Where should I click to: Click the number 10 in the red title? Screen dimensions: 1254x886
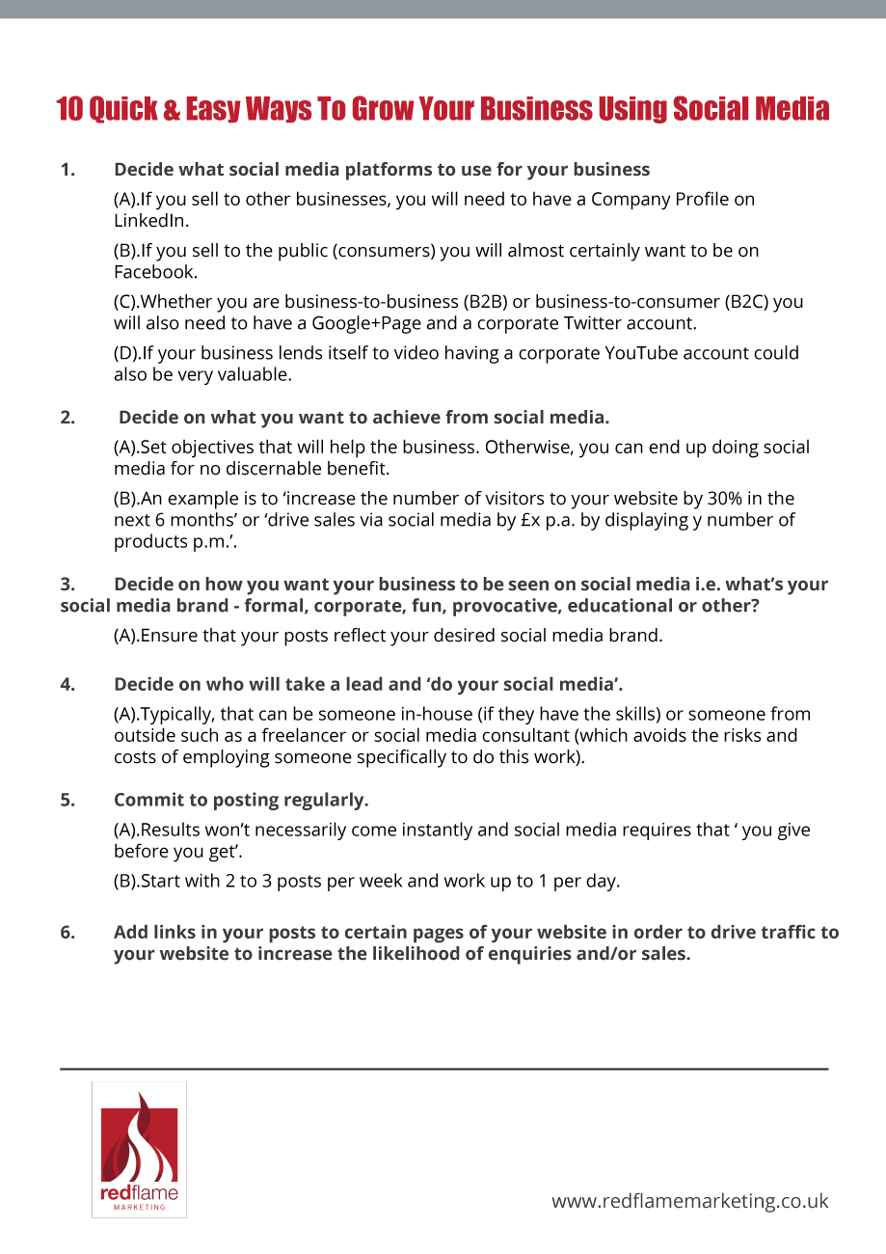pos(70,108)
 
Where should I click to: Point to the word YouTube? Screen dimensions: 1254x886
pos(642,353)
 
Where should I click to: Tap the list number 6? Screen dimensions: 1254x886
pos(67,933)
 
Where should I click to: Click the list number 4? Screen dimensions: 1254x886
pos(67,685)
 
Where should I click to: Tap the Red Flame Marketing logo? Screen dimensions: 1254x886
pos(139,1149)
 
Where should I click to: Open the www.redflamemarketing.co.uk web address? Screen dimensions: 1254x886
pos(689,1201)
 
